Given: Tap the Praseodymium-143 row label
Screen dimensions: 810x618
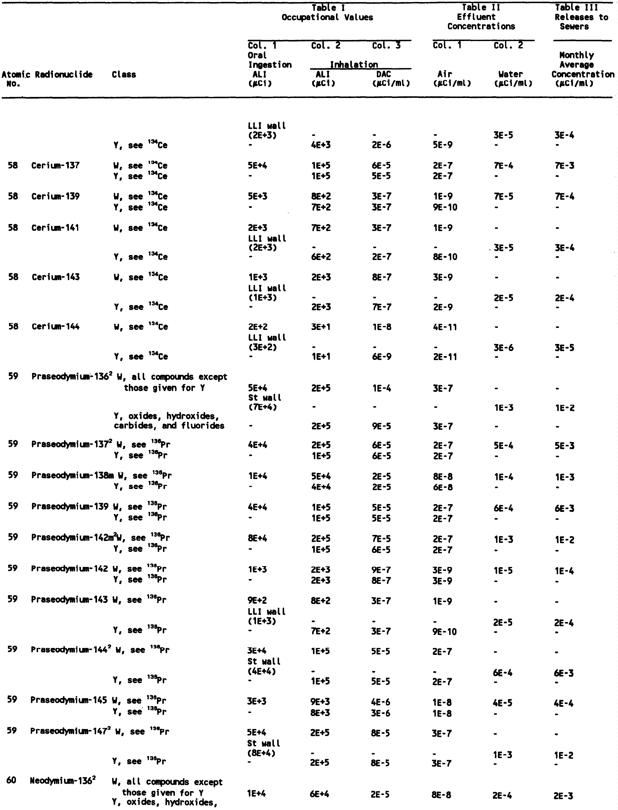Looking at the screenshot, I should coord(69,600).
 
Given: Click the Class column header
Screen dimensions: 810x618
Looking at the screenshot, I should coord(124,75).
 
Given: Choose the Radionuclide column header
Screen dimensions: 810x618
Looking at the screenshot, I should coord(64,75).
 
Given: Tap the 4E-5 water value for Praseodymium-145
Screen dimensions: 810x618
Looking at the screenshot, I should coord(503,703).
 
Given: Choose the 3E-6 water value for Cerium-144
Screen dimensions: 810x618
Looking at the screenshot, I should coord(503,347).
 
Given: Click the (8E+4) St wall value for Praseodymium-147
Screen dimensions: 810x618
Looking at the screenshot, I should coord(262,753).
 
